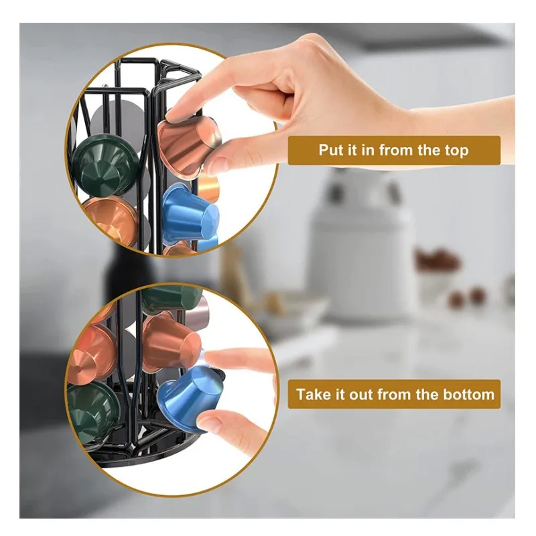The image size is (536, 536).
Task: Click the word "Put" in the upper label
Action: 330,150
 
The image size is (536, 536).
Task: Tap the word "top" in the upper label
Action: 456,151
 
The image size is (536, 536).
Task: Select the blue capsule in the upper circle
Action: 190,214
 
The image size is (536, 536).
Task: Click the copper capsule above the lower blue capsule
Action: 170,342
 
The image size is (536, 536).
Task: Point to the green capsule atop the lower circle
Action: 171,298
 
